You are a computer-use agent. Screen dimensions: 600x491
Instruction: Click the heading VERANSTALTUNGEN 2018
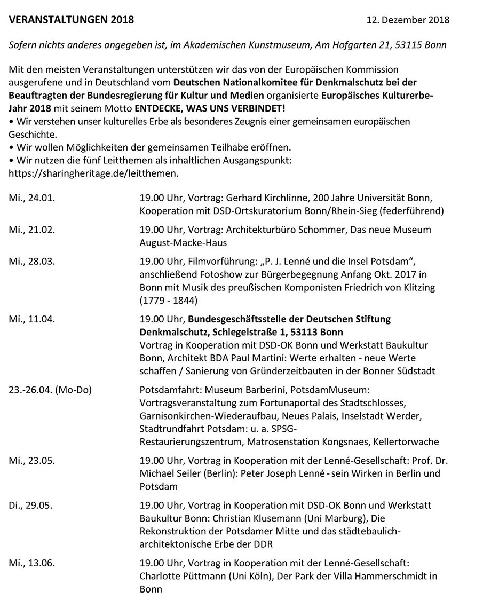coord(72,20)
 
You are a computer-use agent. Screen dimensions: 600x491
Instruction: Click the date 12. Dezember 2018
coord(408,21)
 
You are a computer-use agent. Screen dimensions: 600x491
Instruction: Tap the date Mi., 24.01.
coord(32,198)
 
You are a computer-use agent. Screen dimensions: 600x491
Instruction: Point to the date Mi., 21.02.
coord(32,230)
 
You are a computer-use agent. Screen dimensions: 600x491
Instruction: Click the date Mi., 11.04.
coord(32,319)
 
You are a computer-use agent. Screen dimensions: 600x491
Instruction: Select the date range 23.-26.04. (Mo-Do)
coord(50,390)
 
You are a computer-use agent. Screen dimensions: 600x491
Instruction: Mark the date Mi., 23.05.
coord(32,460)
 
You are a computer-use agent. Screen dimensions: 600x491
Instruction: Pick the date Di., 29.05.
coord(31,504)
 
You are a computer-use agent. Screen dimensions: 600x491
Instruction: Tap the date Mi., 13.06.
coord(32,563)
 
